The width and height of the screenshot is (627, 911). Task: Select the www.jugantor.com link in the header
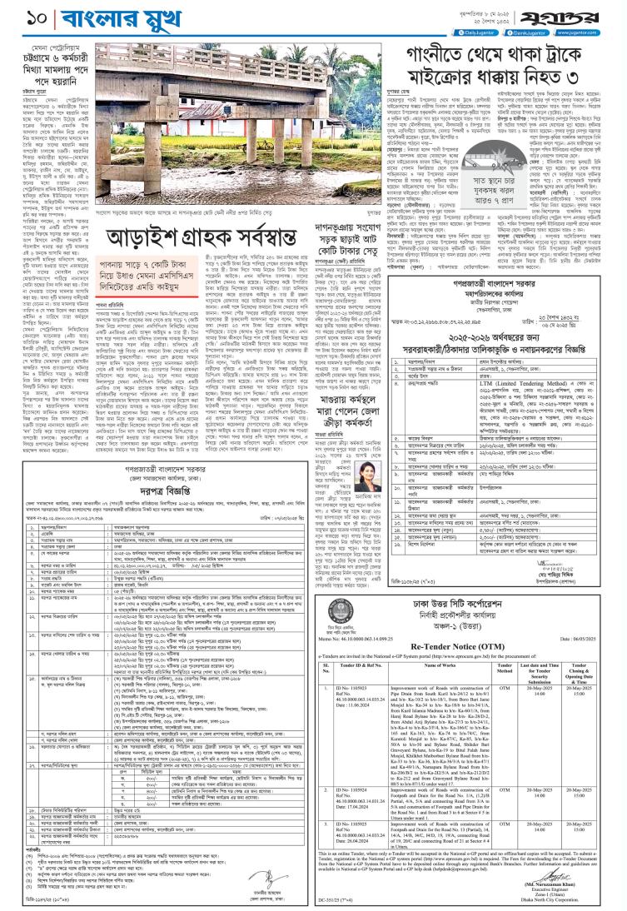point(596,32)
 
